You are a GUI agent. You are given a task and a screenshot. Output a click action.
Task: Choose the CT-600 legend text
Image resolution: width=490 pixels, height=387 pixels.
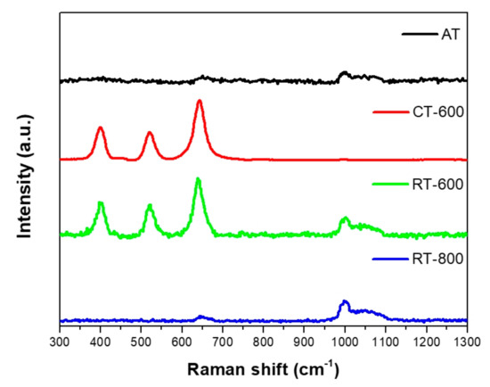tap(436, 112)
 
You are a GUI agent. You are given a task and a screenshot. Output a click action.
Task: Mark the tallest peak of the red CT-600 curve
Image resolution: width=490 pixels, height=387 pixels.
tap(200, 102)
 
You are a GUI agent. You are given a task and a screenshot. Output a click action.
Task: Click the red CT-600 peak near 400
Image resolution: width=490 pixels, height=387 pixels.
tap(100, 128)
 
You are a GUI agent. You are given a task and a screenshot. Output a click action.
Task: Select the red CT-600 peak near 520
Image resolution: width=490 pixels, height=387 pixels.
tap(150, 134)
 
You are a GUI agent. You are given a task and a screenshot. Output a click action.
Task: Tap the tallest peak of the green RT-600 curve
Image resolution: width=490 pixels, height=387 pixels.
tap(198, 180)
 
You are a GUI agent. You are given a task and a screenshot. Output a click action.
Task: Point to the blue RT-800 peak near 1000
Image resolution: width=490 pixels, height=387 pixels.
tap(345, 302)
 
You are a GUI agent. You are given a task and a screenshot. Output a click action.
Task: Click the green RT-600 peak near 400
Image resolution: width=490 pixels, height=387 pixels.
tap(101, 204)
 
